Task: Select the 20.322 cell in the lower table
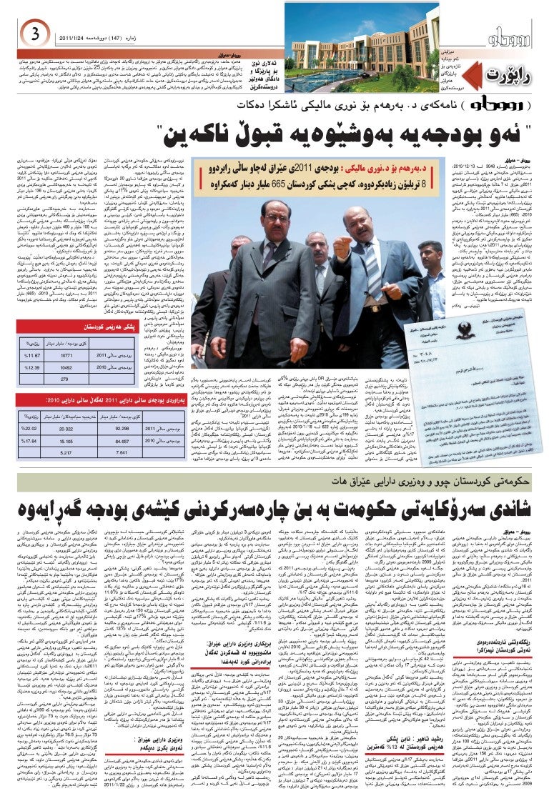[66, 428]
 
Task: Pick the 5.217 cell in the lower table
[66, 453]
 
